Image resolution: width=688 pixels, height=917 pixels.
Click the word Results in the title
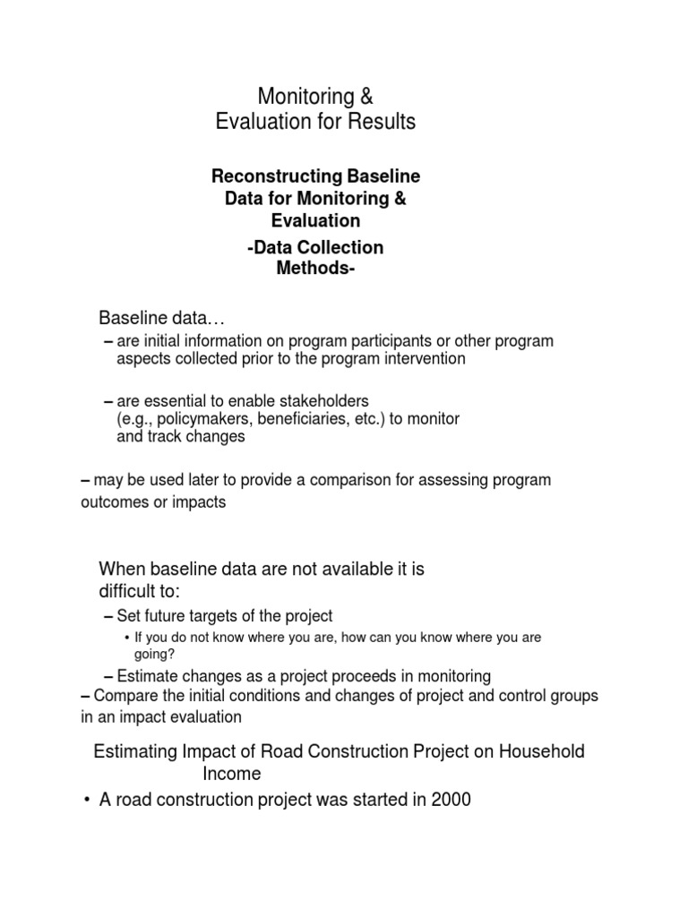click(382, 122)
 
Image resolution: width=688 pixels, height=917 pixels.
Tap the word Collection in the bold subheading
click(342, 247)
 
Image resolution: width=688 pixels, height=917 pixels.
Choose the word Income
click(231, 773)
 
